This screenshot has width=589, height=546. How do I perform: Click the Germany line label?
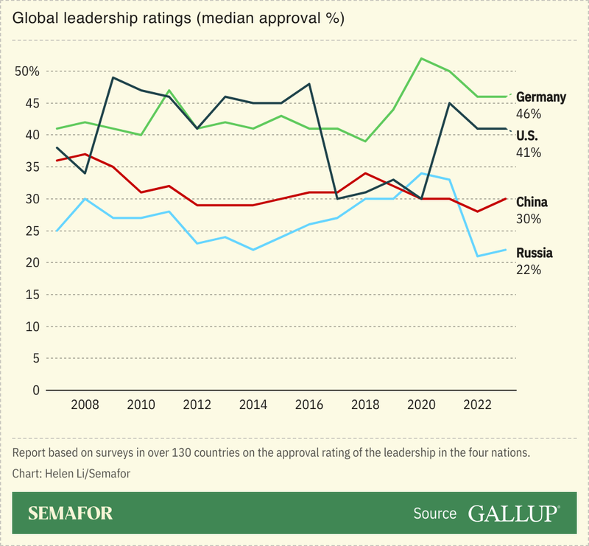[541, 97]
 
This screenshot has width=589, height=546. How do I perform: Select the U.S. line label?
[529, 136]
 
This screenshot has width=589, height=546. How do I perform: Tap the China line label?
[532, 202]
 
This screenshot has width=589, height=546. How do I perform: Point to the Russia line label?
[535, 253]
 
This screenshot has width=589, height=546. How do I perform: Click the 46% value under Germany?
[529, 114]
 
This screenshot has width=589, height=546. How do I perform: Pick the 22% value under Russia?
[529, 270]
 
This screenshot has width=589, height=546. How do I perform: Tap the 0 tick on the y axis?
[35, 390]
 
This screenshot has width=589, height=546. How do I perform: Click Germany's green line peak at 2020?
[421, 58]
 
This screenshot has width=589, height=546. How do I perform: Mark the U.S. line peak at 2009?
[113, 77]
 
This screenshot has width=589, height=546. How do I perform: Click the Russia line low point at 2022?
[478, 256]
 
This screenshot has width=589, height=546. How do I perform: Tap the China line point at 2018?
[365, 173]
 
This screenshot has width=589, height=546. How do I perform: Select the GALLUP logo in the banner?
[512, 514]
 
